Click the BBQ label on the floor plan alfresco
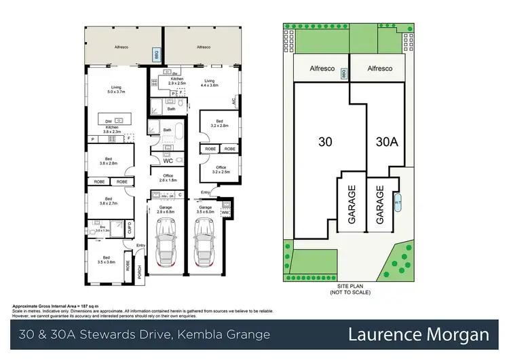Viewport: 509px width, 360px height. tap(154, 54)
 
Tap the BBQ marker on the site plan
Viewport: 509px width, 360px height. tap(344, 73)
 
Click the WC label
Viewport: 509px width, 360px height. tap(167, 161)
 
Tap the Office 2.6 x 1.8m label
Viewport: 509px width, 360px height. tap(167, 178)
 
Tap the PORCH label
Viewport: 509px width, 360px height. tap(140, 270)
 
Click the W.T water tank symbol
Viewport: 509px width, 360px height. tap(398, 202)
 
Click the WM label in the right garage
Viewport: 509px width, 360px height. tap(225, 213)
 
